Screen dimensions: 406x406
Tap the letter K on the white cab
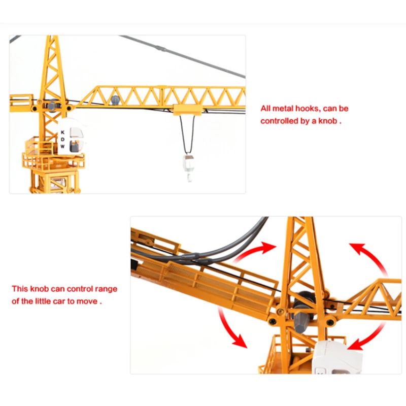(62, 132)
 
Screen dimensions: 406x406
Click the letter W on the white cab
(62, 146)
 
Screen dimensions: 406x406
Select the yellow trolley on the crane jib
(188, 110)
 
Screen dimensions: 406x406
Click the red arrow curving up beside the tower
(256, 252)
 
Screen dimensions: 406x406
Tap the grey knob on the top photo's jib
(115, 99)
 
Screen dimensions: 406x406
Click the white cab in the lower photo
(336, 357)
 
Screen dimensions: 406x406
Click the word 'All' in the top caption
(265, 109)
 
